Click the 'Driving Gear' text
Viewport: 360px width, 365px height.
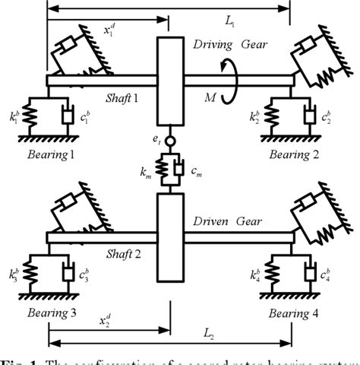(235, 45)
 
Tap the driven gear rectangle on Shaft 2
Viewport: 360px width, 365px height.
(172, 236)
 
